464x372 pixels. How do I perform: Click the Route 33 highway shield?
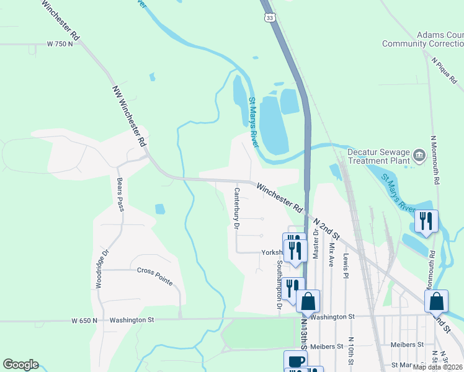pyautogui.click(x=267, y=17)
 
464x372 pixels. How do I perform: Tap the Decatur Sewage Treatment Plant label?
pyautogui.click(x=378, y=156)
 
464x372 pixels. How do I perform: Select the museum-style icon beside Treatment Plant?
pyautogui.click(x=419, y=154)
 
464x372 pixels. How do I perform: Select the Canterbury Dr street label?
pyautogui.click(x=236, y=208)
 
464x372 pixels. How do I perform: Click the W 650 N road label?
pyautogui.click(x=84, y=321)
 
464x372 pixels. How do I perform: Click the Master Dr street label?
pyautogui.click(x=316, y=244)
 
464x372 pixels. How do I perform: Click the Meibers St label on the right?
pyautogui.click(x=407, y=345)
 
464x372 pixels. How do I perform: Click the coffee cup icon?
pyautogui.click(x=295, y=361)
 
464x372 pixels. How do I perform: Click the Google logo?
pyautogui.click(x=20, y=365)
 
